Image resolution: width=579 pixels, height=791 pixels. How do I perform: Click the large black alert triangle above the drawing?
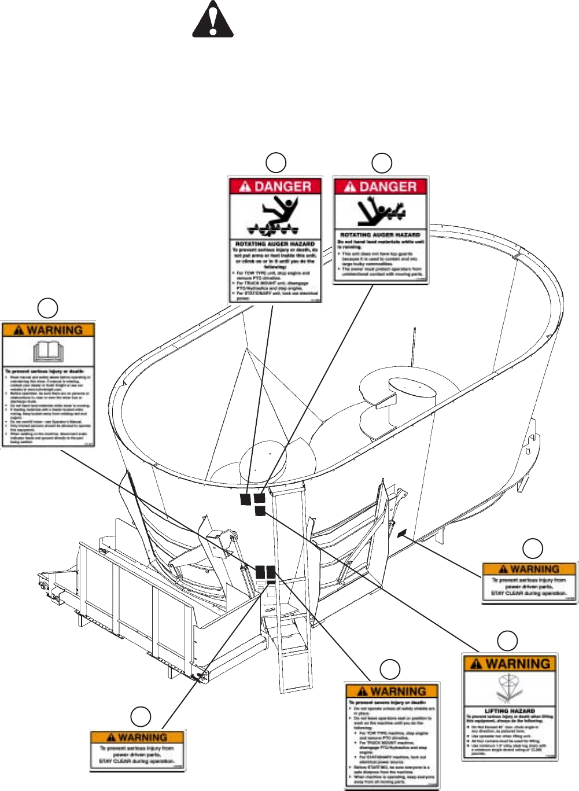[213, 21]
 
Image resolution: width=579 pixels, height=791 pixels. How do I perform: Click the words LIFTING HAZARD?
[509, 711]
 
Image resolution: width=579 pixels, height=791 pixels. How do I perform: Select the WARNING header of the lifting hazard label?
[510, 664]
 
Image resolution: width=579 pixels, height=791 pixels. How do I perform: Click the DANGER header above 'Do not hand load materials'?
[381, 187]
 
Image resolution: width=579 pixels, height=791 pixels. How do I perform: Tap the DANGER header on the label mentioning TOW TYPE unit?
[275, 186]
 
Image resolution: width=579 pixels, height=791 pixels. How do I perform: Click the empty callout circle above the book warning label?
[48, 308]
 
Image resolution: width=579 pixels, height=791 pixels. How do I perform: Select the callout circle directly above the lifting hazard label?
[507, 640]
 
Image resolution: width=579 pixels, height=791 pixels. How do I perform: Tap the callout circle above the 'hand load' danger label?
[381, 163]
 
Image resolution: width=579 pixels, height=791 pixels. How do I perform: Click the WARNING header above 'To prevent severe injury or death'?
[392, 691]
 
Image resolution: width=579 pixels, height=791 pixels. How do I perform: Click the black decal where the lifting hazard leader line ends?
[260, 511]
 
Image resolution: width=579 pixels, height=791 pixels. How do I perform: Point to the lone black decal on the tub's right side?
[403, 532]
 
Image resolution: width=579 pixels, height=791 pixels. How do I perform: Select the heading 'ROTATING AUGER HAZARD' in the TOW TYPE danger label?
[275, 244]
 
